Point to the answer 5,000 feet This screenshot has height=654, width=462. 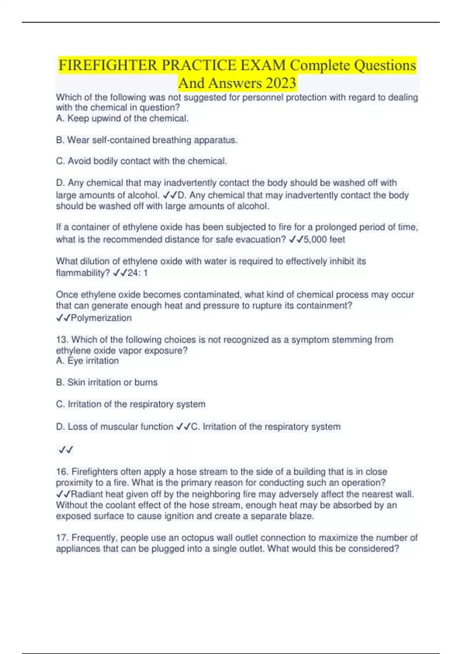[x=324, y=239]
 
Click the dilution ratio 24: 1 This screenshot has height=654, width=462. [x=138, y=273]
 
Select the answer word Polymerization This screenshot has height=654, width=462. [x=101, y=318]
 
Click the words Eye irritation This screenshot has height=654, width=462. [x=93, y=361]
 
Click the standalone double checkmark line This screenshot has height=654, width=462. [x=66, y=449]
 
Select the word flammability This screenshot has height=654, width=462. [x=83, y=273]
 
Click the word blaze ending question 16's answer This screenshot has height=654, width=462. [x=300, y=516]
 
